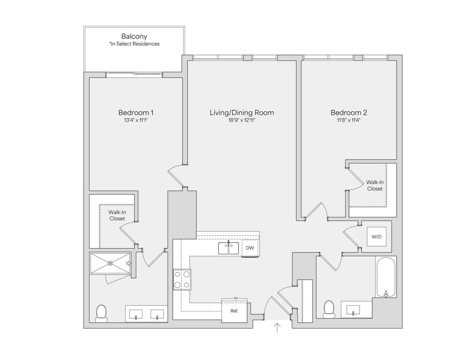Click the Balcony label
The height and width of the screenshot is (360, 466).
coord(134,36)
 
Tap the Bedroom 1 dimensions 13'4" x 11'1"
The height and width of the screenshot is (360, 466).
coord(136,121)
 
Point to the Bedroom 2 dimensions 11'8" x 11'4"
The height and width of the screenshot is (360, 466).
coord(349,121)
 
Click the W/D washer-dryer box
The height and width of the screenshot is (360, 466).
coord(376,237)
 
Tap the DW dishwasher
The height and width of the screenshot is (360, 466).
coord(250,248)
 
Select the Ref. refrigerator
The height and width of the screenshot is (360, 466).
coord(234,311)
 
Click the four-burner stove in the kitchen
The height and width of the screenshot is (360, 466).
coord(182,279)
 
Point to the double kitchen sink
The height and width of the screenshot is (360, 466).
coord(228,248)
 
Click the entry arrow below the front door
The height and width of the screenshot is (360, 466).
coord(277,328)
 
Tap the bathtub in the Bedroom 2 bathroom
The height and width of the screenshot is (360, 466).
coord(386,277)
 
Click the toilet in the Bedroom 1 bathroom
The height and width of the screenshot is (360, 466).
coord(101,313)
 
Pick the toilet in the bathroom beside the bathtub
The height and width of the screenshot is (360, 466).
coord(329,309)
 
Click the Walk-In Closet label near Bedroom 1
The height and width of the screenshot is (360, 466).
coord(116,215)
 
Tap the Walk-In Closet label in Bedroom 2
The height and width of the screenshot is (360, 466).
coord(375,185)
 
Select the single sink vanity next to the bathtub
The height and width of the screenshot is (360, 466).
coord(354,309)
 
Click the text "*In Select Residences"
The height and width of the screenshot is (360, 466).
coord(134,44)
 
